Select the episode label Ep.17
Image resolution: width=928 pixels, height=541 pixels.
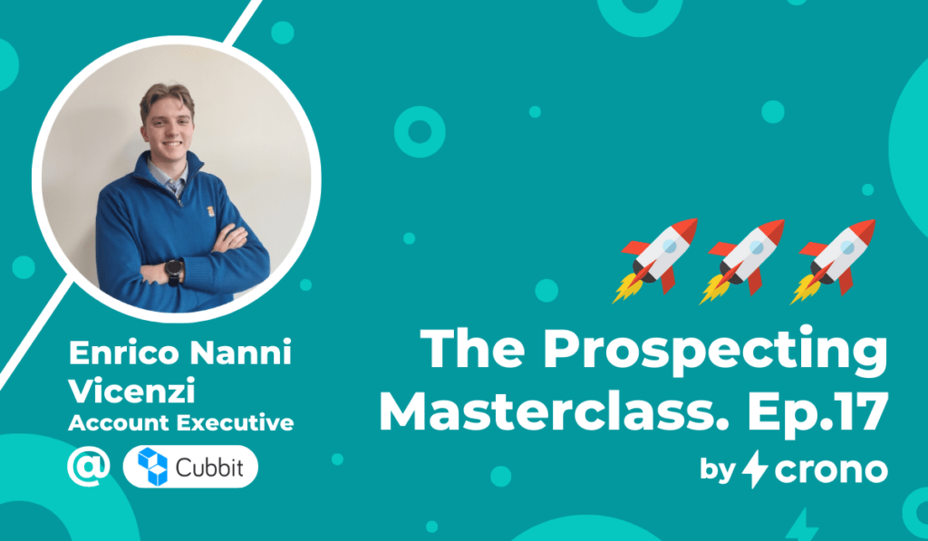coord(817,412)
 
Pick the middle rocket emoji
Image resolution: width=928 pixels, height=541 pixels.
coord(743,261)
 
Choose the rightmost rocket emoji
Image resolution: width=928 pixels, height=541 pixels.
coord(834,261)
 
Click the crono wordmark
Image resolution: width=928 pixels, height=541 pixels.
coord(831,470)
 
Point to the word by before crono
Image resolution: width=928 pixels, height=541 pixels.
coord(718,470)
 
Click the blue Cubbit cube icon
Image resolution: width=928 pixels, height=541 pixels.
coord(152,467)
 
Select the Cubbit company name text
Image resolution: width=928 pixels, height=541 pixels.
coord(209,468)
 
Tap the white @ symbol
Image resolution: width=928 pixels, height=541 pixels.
coord(88,467)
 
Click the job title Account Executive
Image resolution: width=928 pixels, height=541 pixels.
coord(181,422)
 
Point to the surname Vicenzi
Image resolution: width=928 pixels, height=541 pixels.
coord(132,391)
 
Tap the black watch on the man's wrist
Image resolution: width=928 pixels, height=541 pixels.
coord(174,272)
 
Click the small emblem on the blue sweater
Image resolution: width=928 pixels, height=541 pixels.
coord(211,211)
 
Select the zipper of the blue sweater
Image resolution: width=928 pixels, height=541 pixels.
coord(180,198)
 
